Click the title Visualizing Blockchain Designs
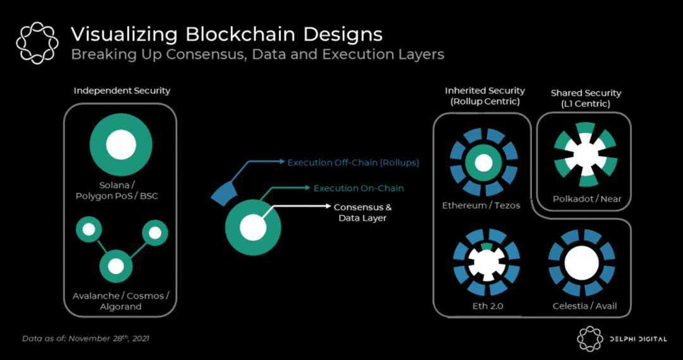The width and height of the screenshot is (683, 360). pos(226,34)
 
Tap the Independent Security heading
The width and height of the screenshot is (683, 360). pos(122,90)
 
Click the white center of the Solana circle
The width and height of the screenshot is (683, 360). pos(120,145)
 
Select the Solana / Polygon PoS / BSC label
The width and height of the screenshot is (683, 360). pos(120,190)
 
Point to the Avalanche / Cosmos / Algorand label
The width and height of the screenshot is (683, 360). pos(121,301)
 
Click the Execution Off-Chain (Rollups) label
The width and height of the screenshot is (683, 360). pos(353,163)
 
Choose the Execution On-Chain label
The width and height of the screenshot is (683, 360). pos(358,188)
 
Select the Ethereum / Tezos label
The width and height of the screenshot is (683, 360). pos(481,205)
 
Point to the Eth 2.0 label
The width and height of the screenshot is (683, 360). pos(486,306)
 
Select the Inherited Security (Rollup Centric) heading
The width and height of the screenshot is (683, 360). pos(484,96)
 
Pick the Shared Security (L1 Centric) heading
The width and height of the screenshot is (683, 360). pos(586,97)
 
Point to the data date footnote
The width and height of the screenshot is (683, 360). pos(86,338)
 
